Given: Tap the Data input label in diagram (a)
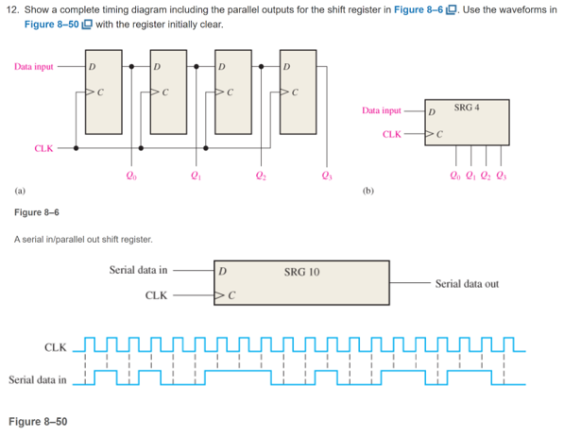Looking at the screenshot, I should [34, 67].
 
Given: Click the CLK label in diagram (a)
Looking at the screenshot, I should [44, 148].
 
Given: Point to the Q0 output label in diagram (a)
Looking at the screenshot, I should [129, 175].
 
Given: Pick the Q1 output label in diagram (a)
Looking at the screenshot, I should [195, 175].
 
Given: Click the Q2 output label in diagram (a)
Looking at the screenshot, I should [260, 175].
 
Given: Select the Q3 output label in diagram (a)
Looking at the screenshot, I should [326, 175].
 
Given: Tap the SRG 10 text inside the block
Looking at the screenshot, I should [301, 272].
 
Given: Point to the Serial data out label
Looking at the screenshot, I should [467, 283].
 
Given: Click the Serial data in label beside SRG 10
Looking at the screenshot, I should [139, 270].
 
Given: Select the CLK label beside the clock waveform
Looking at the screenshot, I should [57, 347].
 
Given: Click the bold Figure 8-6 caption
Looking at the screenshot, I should [37, 212].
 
